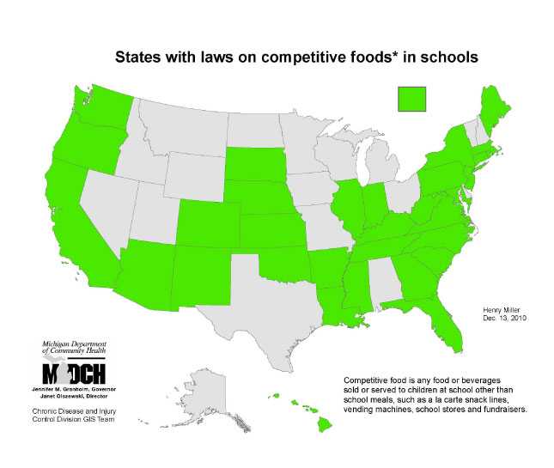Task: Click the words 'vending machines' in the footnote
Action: pyautogui.click(x=380, y=410)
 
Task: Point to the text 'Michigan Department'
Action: pyautogui.click(x=70, y=344)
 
